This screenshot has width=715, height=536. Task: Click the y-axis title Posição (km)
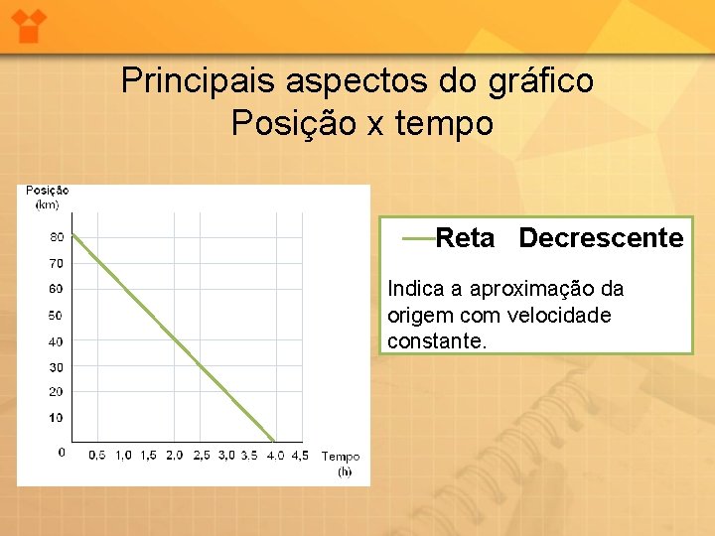pos(47,197)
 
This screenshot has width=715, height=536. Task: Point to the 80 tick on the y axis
pos(56,236)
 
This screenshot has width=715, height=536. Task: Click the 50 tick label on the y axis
pos(56,316)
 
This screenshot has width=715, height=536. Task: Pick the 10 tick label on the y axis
pos(56,418)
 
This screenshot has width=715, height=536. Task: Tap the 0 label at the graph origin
pos(62,452)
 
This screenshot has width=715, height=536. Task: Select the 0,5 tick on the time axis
pos(97,456)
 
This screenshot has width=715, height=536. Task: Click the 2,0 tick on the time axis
pos(174,456)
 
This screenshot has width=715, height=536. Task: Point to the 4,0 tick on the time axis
pos(275,456)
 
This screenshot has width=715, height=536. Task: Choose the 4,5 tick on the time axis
pos(301,456)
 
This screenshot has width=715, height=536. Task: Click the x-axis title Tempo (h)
pos(341,464)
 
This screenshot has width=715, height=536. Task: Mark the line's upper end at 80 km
pos(72,234)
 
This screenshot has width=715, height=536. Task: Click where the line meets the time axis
pos(275,441)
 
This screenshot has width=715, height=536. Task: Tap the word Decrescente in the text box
pos(601,238)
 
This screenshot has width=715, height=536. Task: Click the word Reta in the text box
pos(465,238)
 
